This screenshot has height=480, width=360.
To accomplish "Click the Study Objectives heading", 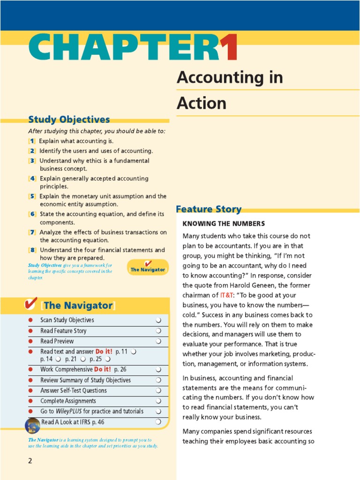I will (69, 120).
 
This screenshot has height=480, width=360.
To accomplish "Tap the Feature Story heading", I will (209, 209).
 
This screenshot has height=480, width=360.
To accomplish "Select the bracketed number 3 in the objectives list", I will (32, 161).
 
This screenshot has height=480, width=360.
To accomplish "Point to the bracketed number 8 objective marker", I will (32, 250).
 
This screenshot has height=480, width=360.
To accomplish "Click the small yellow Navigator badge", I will (148, 267).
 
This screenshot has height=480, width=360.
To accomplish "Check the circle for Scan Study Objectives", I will (158, 320).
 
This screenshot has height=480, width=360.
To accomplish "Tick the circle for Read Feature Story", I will (158, 331).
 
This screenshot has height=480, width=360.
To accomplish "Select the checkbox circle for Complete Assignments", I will (158, 401).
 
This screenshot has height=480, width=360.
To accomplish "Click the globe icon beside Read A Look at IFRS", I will (32, 425).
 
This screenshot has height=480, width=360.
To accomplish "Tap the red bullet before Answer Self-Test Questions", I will (30, 390).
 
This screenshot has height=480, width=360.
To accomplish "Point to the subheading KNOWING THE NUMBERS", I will (224, 224).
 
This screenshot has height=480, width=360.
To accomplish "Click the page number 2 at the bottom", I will (30, 461).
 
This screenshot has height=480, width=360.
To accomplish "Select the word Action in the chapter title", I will (201, 103).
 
